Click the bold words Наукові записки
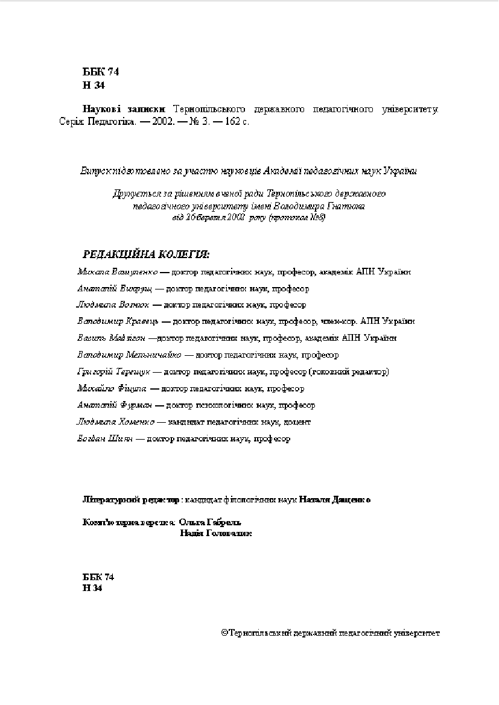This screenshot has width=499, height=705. coord(124,110)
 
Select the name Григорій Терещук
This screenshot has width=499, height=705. coord(114,371)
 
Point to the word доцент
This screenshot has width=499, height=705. coord(297,422)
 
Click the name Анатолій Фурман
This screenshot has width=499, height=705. coord(113,405)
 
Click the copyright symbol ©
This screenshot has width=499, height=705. coord(224,633)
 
